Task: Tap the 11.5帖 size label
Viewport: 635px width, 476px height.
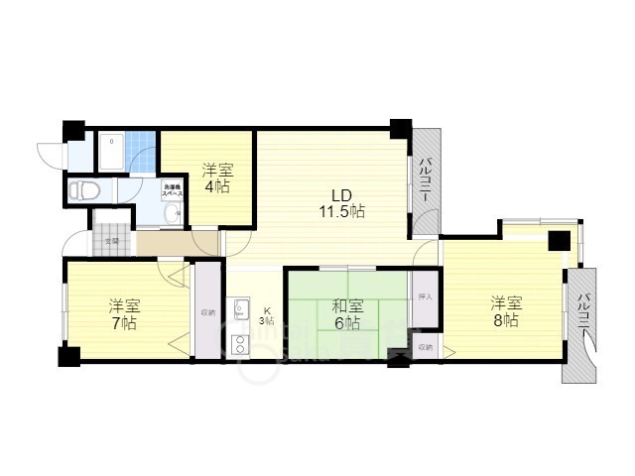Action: pyautogui.click(x=341, y=210)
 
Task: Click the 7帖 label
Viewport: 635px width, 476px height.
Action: pyautogui.click(x=124, y=323)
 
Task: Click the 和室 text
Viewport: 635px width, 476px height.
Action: pyautogui.click(x=345, y=305)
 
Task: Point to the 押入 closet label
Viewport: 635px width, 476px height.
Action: pyautogui.click(x=425, y=297)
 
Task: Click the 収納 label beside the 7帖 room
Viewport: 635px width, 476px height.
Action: pyautogui.click(x=207, y=312)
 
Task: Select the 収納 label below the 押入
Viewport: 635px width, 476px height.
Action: pyautogui.click(x=425, y=347)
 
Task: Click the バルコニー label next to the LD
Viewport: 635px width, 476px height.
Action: pyautogui.click(x=424, y=181)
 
